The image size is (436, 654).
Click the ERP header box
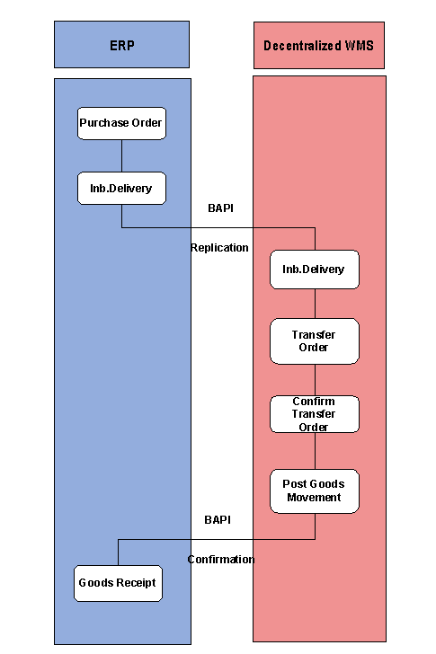[121, 45]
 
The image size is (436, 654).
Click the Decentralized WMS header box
[319, 45]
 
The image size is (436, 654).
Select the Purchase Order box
[121, 123]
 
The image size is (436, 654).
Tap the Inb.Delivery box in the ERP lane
[121, 188]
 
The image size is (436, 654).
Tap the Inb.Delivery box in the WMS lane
[315, 270]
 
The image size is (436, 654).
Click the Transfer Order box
[315, 341]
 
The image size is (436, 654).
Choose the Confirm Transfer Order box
[315, 414]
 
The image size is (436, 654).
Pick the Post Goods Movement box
[315, 490]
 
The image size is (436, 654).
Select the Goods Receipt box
[117, 583]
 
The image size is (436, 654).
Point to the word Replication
[219, 247]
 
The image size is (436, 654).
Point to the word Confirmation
[221, 559]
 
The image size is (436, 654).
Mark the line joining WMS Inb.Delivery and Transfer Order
[315, 304]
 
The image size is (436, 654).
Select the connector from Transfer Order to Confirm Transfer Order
[315, 380]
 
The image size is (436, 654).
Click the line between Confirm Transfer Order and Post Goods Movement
[315, 451]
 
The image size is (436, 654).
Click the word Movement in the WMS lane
[315, 498]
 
